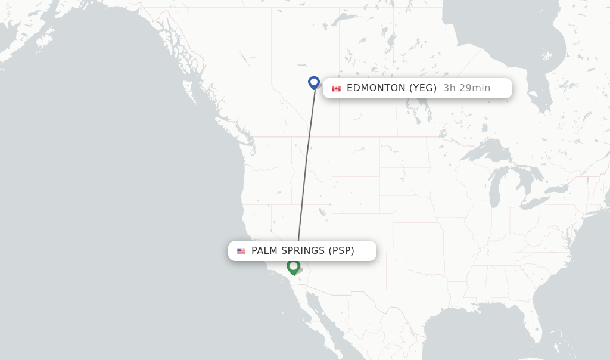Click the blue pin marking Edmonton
tap(314, 82)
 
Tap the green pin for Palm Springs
tap(293, 266)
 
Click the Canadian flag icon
tap(336, 88)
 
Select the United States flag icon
tap(241, 251)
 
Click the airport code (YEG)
tap(422, 88)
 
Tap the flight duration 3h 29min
tap(466, 88)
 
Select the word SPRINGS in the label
tap(304, 251)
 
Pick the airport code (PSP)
tap(341, 251)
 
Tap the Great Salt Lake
tap(322, 212)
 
